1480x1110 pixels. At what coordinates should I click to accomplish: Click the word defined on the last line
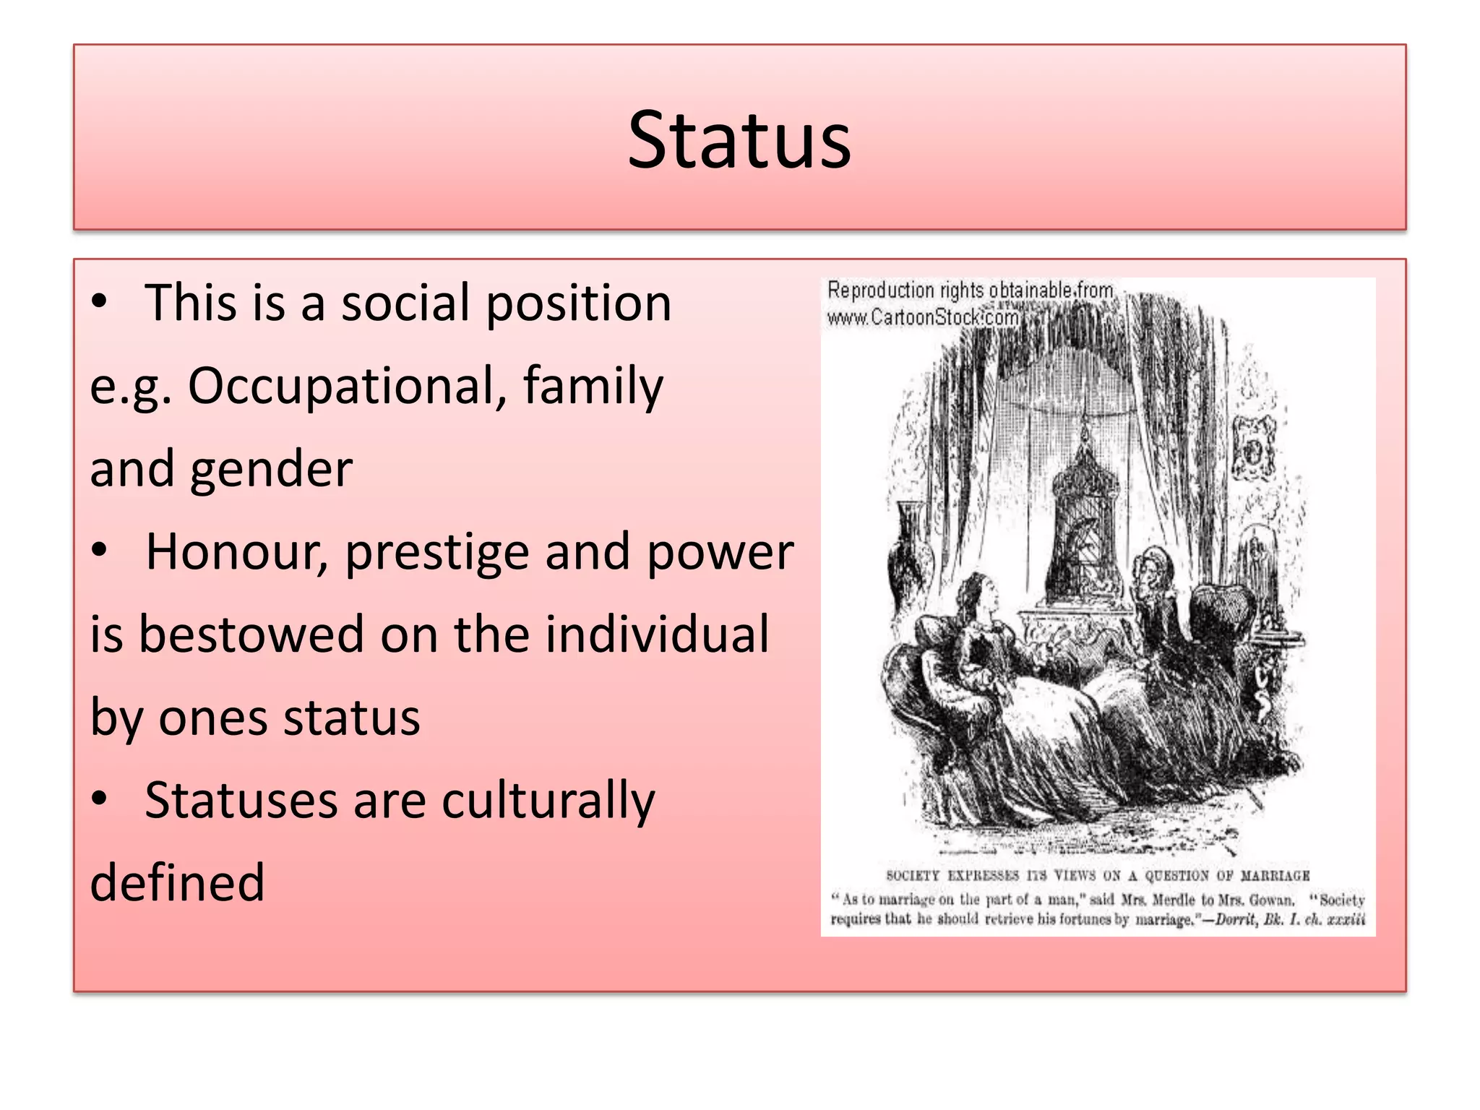[177, 883]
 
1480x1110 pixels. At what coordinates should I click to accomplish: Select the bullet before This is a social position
[100, 301]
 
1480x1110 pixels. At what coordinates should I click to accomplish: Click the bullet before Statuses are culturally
[100, 799]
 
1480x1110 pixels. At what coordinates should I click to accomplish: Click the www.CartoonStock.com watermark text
[923, 317]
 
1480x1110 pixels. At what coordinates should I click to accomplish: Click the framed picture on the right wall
[1255, 448]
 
